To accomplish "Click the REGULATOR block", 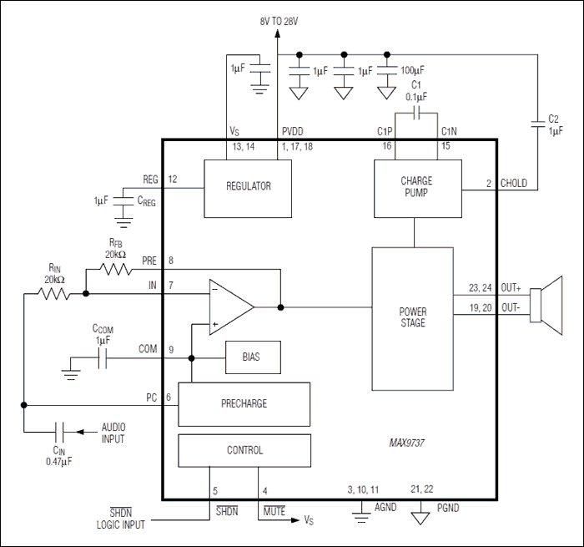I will [x=249, y=187].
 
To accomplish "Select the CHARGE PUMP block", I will [x=415, y=187].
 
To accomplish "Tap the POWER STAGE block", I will [x=413, y=317].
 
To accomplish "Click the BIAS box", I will [x=252, y=357].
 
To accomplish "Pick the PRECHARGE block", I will [x=244, y=403].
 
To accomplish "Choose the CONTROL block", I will [x=244, y=451].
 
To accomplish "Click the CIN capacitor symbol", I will [x=59, y=432].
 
